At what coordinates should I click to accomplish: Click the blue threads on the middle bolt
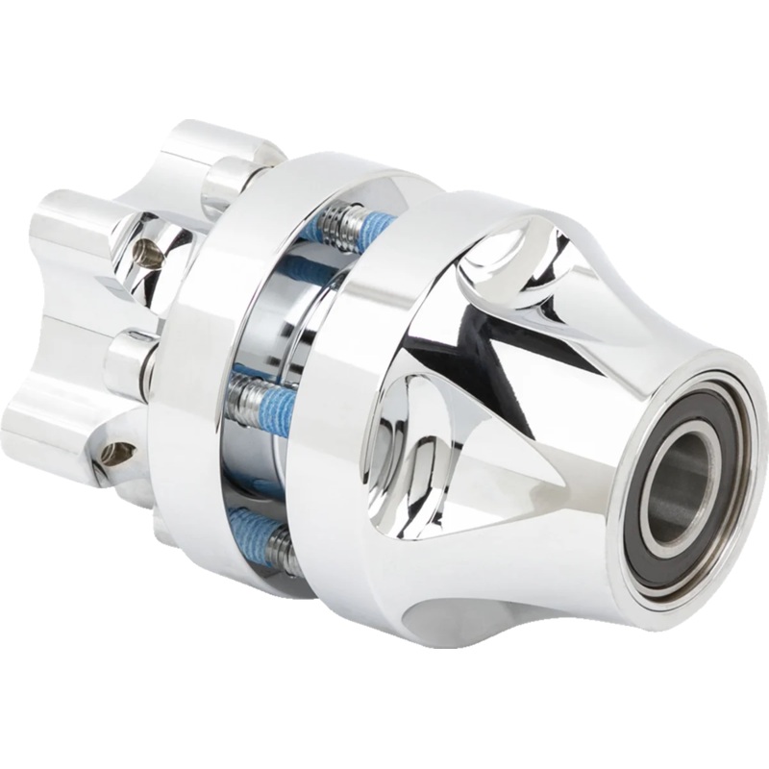point(279,403)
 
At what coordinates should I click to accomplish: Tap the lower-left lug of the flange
point(43,423)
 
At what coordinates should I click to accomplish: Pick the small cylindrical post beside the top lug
point(226,178)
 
